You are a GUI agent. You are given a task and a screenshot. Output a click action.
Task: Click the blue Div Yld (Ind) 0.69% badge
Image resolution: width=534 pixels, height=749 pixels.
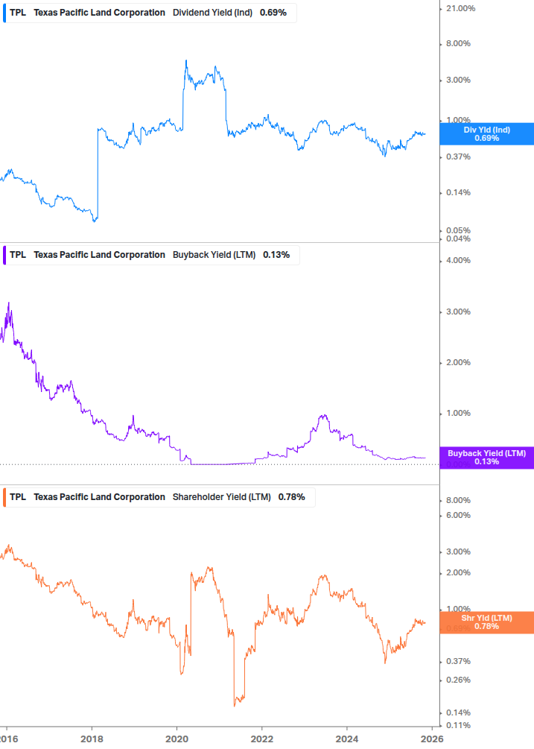tap(486, 133)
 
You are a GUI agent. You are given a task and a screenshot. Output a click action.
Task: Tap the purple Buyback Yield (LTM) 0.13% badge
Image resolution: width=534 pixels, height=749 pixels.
tap(486, 458)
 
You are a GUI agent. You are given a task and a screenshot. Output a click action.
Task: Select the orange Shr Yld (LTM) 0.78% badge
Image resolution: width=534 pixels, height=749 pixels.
tap(486, 622)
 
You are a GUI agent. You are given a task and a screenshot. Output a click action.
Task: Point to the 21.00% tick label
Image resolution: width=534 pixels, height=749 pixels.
tap(460, 8)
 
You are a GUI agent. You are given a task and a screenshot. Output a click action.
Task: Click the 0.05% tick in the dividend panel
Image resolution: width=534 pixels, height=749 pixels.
tap(458, 230)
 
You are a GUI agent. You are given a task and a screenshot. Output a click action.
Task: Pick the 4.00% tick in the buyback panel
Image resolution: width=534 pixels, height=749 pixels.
tap(457, 260)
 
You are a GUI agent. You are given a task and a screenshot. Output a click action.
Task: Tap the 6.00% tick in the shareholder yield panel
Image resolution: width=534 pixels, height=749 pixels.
tap(457, 515)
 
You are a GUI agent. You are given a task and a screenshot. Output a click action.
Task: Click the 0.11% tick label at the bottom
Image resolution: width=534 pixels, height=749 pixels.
tap(458, 725)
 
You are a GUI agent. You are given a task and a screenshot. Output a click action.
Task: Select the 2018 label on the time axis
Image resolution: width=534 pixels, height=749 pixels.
tap(92, 739)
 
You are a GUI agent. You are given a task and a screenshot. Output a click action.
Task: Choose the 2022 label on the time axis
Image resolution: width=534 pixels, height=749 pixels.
tap(262, 739)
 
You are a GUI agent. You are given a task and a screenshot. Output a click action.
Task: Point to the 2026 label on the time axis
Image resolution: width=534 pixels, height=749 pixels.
tap(432, 739)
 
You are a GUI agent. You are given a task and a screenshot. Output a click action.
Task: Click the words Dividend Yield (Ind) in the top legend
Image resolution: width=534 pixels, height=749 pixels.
tap(213, 13)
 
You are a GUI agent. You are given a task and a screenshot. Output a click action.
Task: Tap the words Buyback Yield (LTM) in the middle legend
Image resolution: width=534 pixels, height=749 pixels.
tap(214, 255)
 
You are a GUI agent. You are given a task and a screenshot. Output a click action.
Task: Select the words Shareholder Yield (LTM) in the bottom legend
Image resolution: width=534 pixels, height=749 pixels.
tap(221, 497)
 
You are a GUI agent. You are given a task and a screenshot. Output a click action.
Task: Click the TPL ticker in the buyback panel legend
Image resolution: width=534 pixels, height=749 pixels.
tap(18, 255)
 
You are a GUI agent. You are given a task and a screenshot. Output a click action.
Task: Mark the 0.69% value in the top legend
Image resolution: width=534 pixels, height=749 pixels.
tap(273, 13)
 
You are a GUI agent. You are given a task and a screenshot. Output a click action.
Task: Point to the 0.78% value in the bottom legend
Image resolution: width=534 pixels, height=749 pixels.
tap(291, 497)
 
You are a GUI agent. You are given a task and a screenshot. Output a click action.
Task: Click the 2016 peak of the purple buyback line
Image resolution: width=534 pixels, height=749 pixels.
tap(8, 303)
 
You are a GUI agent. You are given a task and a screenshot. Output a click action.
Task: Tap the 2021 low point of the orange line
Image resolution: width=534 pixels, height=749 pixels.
tap(235, 705)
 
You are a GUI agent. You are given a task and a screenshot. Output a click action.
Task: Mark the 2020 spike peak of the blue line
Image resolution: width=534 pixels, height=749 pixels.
tap(185, 60)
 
